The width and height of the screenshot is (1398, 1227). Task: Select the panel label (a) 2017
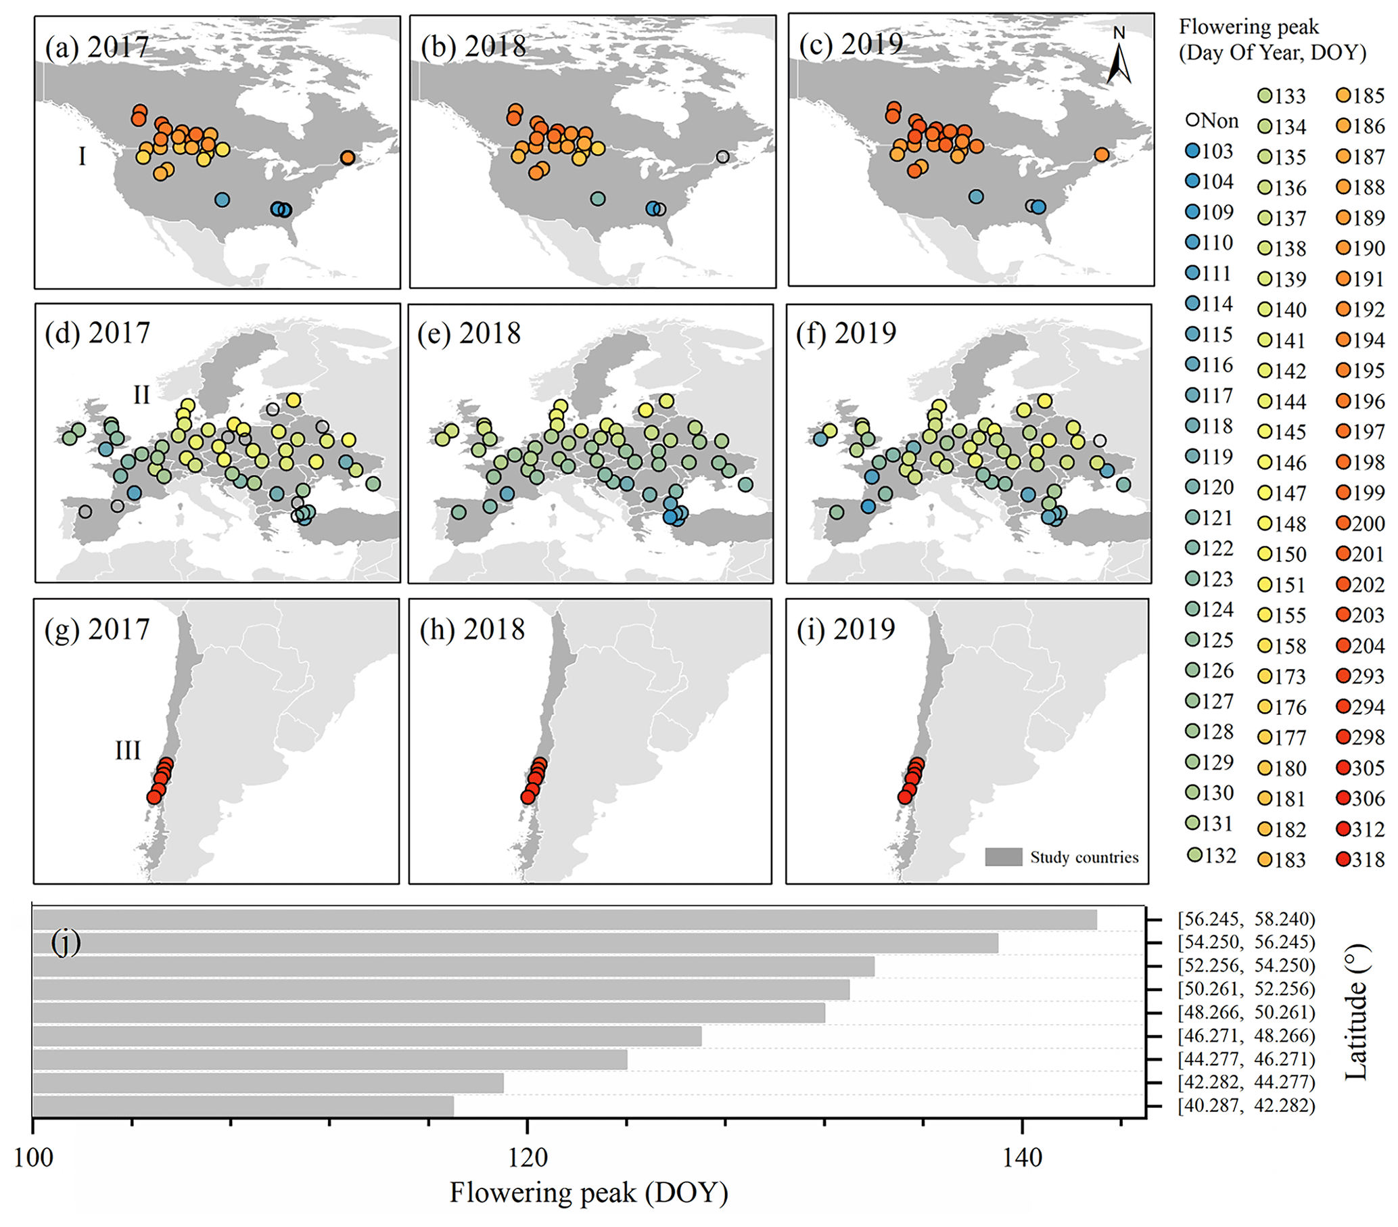click(x=97, y=47)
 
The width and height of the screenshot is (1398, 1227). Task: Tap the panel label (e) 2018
click(x=471, y=333)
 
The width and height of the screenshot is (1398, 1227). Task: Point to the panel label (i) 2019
click(x=846, y=629)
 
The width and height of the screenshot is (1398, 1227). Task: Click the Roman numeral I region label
click(x=82, y=157)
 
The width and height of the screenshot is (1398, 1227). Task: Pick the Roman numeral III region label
click(x=128, y=751)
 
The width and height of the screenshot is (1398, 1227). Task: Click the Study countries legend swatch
click(x=1004, y=857)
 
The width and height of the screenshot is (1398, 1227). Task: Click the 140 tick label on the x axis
click(x=1022, y=1158)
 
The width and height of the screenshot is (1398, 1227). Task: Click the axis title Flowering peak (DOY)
click(x=588, y=1193)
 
